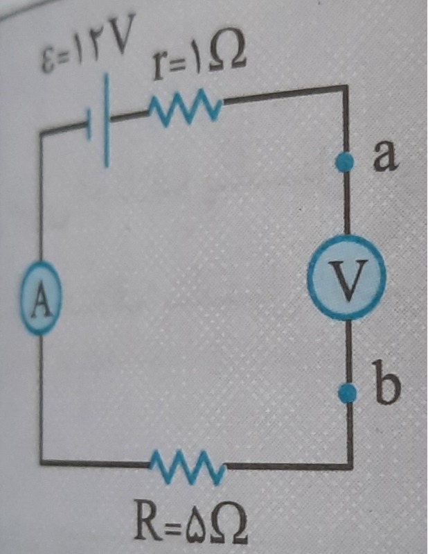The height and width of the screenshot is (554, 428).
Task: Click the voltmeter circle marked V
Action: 346,278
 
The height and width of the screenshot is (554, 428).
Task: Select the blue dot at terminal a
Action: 342,163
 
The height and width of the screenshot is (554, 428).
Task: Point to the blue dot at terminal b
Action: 345,395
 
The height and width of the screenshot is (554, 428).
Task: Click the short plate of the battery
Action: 90,125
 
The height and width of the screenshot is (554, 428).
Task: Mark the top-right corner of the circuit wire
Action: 342,87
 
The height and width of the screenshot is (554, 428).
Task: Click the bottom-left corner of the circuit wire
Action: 41,460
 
